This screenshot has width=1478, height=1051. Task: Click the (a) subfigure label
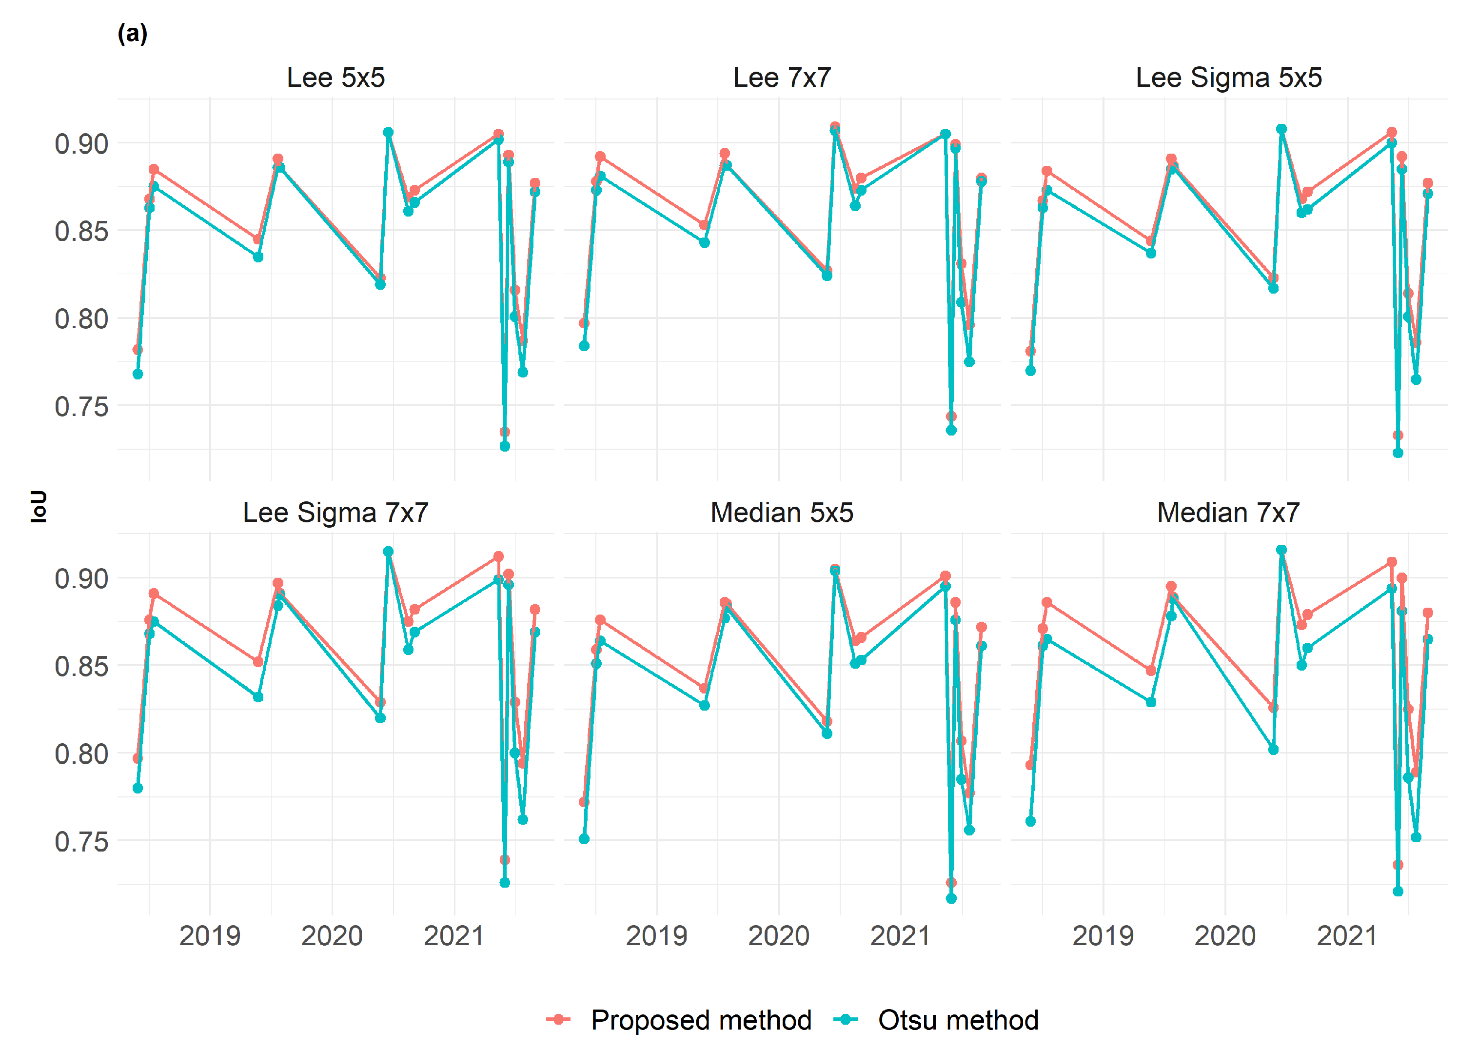132,33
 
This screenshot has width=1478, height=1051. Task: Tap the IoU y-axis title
39,506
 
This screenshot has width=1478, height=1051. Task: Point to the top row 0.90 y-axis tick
81,144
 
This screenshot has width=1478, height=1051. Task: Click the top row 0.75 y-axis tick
81,406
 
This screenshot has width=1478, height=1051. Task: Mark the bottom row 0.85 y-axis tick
81,666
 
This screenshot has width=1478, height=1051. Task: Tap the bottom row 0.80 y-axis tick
81,754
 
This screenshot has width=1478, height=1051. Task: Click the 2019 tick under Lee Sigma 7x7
209,936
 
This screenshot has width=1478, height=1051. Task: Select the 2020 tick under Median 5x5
778,936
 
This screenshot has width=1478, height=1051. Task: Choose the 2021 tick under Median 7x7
1347,936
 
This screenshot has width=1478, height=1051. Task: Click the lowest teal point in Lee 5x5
505,446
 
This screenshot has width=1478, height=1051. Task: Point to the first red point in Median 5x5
584,802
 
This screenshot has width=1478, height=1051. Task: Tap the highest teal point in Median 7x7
1281,550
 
